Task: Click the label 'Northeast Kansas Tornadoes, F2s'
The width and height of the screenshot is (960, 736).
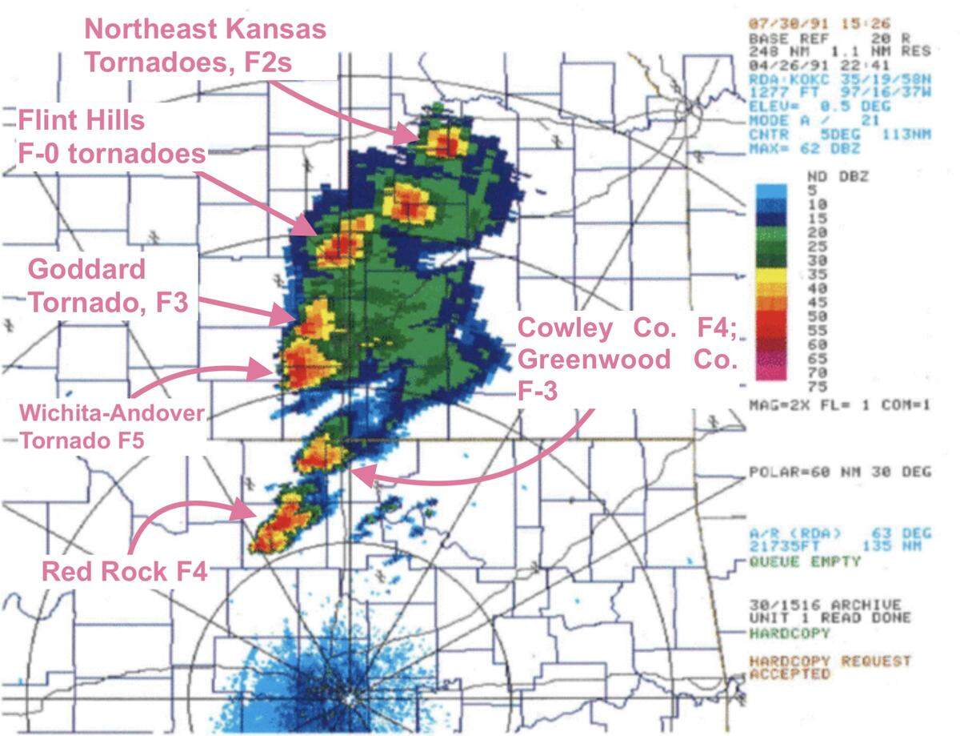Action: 206,46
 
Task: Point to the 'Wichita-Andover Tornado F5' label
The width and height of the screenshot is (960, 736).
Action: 112,427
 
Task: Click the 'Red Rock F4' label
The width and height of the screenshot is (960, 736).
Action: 124,572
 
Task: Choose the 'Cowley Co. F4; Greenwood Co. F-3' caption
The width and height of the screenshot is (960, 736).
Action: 626,359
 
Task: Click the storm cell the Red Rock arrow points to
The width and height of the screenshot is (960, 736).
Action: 280,525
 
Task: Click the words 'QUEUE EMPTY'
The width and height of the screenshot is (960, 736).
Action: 805,562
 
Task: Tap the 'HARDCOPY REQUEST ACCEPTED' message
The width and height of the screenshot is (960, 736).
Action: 829,668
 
